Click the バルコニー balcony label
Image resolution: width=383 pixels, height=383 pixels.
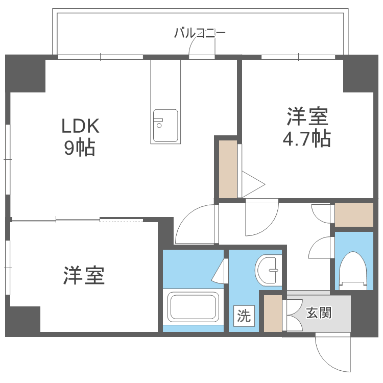pos(200,34)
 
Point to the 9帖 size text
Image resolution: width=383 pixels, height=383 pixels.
pos(80,148)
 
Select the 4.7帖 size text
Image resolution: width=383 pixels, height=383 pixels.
pos(306,138)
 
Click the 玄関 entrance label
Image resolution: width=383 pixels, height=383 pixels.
pos(319,313)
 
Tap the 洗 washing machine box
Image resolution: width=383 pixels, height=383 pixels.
pos(244,316)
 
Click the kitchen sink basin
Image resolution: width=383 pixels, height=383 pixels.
pos(165,125)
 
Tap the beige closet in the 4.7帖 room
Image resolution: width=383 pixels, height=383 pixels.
pos(228,169)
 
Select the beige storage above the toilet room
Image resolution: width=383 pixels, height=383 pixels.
pos(354,214)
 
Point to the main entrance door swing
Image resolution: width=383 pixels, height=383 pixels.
pos(332,352)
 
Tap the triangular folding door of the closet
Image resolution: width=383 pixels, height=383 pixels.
pos(252,183)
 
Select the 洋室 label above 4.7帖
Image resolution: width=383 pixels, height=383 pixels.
pos(306,117)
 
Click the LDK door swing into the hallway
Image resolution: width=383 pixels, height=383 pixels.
pos(194,225)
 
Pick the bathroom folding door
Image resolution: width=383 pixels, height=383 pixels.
pos(220,271)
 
